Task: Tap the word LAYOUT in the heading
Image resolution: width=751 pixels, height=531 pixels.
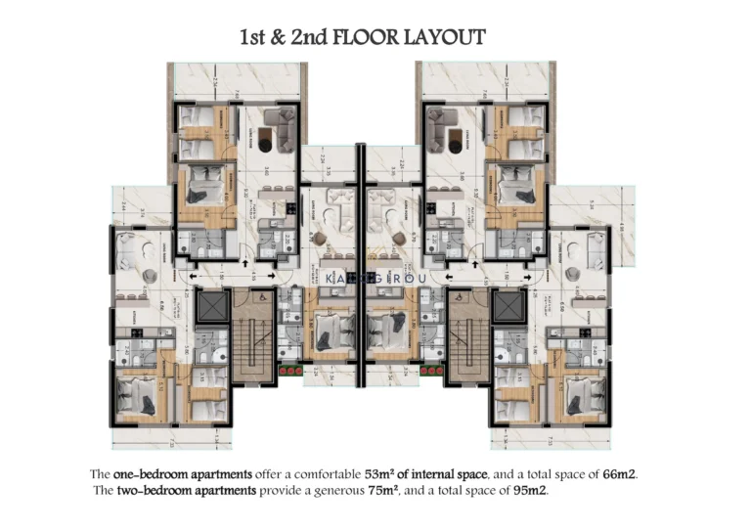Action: pyautogui.click(x=450, y=38)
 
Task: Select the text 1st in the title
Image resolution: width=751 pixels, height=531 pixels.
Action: pyautogui.click(x=254, y=38)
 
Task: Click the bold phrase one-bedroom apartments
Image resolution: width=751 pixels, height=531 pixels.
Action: pyautogui.click(x=171, y=473)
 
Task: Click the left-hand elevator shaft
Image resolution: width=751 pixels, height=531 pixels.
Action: pyautogui.click(x=210, y=309)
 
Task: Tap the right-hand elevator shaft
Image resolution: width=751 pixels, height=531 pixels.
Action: pyautogui.click(x=508, y=309)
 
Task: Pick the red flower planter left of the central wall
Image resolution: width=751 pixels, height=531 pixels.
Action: pyautogui.click(x=287, y=370)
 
